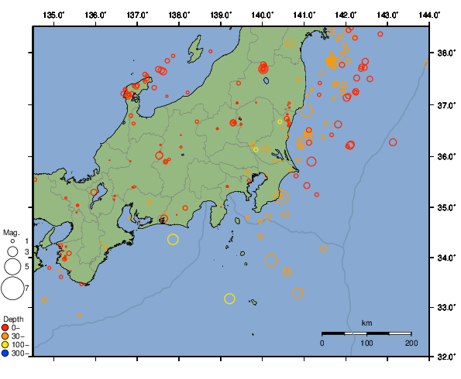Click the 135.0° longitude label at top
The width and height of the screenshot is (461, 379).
point(53,15)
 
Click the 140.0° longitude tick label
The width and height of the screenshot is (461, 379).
point(262,15)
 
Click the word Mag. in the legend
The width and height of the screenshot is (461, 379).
point(11,232)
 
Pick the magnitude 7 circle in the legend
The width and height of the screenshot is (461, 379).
point(12,289)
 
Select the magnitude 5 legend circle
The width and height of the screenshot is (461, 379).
point(12,266)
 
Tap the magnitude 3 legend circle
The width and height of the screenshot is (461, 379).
point(12,251)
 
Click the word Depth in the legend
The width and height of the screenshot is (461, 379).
point(13,319)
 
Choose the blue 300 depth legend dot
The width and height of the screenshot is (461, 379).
point(6,353)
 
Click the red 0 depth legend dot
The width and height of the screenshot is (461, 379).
point(6,328)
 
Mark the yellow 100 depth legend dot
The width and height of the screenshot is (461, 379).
point(6,345)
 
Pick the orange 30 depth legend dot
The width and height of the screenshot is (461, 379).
point(6,336)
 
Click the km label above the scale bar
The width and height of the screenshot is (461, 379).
point(366,323)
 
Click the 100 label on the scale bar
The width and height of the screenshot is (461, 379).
point(366,343)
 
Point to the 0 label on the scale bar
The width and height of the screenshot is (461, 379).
point(322,343)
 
